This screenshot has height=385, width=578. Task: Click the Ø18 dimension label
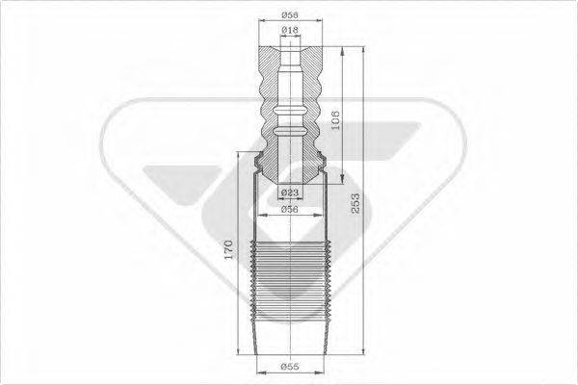[289, 32]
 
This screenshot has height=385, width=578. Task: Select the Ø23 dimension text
[288, 193]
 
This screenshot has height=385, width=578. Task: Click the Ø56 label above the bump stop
[289, 14]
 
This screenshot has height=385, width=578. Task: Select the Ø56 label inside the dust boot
[288, 208]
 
